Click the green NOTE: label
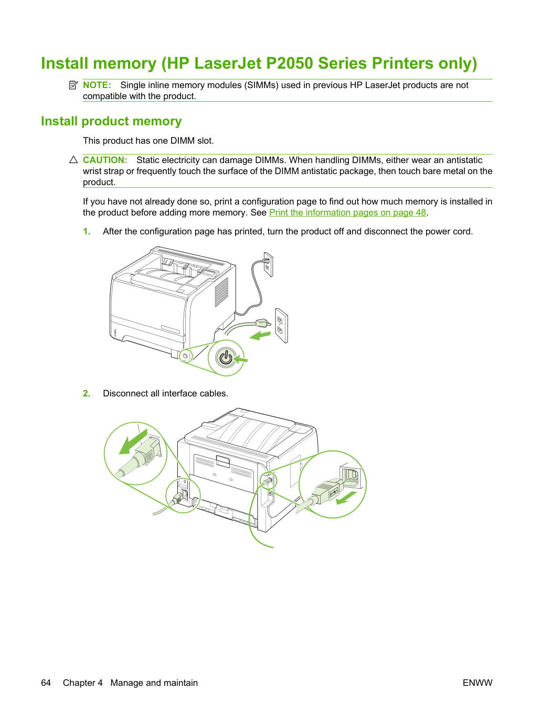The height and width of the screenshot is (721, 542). pyautogui.click(x=97, y=85)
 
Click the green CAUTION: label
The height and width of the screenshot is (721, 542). pyautogui.click(x=105, y=160)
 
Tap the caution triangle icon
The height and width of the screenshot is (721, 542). pyautogui.click(x=73, y=159)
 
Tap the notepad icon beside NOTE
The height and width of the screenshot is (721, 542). pyautogui.click(x=73, y=85)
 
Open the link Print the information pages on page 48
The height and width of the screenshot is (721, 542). pyautogui.click(x=347, y=212)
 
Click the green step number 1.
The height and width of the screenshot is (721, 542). pyautogui.click(x=87, y=232)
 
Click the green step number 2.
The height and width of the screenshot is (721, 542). pyautogui.click(x=87, y=393)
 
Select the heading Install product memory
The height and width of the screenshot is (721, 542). pyautogui.click(x=111, y=121)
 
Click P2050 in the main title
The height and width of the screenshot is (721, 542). pyautogui.click(x=289, y=63)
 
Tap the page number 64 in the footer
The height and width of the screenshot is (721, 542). pyautogui.click(x=46, y=683)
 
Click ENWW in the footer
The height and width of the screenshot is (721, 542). pyautogui.click(x=477, y=683)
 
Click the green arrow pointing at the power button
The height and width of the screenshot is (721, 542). pyautogui.click(x=241, y=359)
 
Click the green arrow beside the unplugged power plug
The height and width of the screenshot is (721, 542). pyautogui.click(x=260, y=336)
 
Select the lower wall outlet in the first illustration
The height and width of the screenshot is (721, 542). pyautogui.click(x=281, y=326)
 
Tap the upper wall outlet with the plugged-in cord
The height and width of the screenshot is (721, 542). pyautogui.click(x=268, y=264)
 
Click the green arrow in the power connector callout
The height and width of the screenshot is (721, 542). pyautogui.click(x=133, y=442)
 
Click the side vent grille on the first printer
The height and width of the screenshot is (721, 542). pyautogui.click(x=221, y=292)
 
